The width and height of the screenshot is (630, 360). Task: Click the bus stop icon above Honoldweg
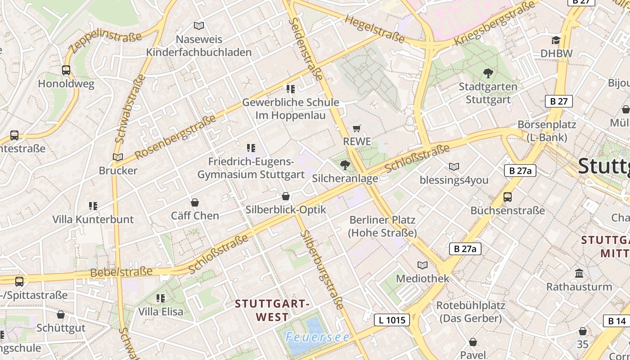pos(66,70)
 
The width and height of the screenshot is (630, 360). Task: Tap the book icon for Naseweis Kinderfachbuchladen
pos(198,26)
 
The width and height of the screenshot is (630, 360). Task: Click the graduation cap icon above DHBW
pos(556,40)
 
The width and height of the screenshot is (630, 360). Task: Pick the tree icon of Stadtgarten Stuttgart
pos(488,73)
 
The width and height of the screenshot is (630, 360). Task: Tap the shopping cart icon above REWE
pos(357,128)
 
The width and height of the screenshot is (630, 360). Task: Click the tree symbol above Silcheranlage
pos(345,165)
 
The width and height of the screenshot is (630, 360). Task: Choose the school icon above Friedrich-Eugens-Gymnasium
pos(251,148)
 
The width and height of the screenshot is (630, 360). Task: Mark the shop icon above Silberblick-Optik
pos(285,196)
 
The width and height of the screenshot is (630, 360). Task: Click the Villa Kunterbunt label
pos(93,219)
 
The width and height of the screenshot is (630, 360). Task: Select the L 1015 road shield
pos(392,320)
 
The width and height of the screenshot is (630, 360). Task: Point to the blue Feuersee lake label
pos(317,337)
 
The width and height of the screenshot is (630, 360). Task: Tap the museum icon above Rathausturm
pos(579,273)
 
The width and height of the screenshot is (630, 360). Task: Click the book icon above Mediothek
pos(422,265)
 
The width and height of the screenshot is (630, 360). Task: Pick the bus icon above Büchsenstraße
pos(508,197)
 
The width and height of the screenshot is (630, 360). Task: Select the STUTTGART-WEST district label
pos(272,310)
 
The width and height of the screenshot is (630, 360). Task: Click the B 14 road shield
pos(616,321)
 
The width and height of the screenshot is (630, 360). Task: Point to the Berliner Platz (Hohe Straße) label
pos(382,226)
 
